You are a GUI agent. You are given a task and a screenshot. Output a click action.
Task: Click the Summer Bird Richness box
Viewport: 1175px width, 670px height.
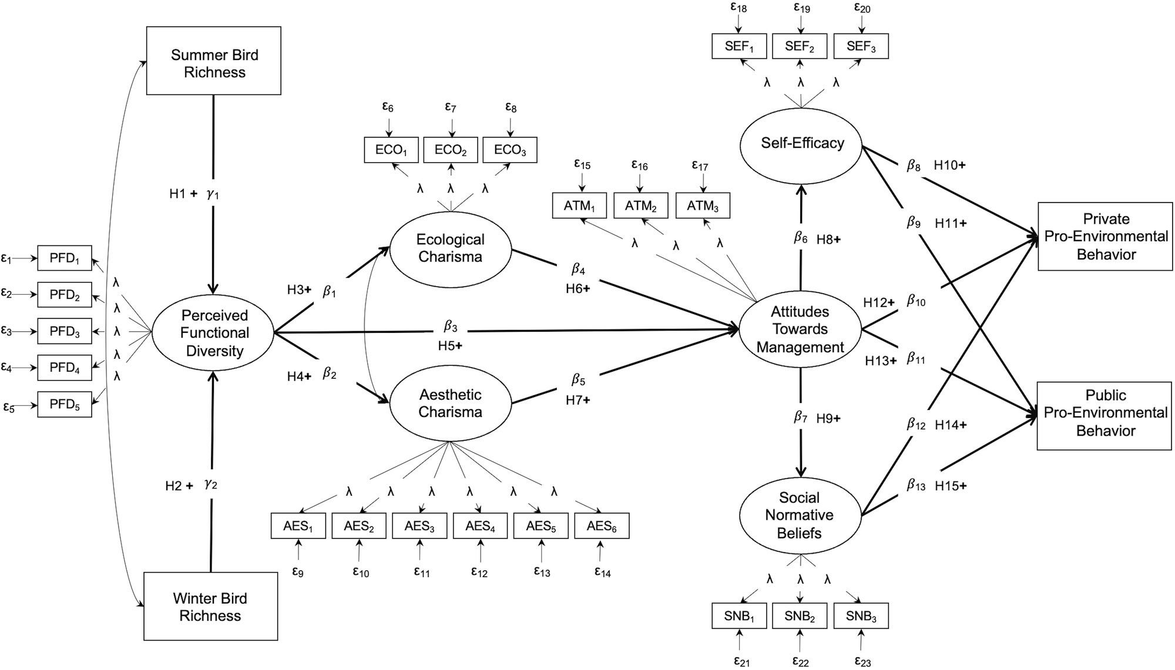coord(213,60)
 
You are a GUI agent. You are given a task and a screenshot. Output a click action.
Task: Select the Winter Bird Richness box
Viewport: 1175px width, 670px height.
coord(210,606)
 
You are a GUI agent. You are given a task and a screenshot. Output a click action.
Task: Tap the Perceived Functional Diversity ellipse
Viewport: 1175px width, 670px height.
coord(213,333)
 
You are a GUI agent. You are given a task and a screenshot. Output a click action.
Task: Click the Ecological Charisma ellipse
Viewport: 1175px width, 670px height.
coord(450,248)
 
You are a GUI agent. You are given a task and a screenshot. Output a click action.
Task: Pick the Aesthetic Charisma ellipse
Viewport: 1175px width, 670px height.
coord(450,403)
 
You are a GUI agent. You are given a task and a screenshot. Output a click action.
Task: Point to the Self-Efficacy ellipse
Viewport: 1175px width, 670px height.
coord(801,143)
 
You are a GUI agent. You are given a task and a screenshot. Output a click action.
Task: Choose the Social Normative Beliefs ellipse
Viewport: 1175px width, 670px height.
coord(799,515)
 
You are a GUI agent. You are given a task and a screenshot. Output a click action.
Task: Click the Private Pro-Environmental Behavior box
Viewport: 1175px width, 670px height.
coord(1105,236)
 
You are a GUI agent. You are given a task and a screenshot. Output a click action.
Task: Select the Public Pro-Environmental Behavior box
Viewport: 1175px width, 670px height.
coord(1104,413)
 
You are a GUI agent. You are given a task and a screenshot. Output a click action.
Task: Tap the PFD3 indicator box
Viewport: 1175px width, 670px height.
coord(65,331)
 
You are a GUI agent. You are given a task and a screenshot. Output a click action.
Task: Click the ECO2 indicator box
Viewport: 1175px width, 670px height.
coord(451,150)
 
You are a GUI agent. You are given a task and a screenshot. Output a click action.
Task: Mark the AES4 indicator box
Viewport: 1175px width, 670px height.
coord(480,526)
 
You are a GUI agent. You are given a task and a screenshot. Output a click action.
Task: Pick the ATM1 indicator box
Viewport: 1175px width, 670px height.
coord(580,206)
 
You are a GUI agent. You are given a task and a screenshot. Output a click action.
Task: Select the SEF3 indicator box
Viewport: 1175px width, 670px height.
coord(861,46)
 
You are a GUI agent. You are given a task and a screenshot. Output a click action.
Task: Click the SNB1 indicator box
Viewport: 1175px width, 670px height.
coord(739,616)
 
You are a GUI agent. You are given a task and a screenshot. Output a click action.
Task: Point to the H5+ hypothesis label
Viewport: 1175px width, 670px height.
coord(450,346)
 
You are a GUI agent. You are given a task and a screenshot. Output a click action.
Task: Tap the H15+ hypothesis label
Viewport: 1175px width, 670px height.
coord(951,486)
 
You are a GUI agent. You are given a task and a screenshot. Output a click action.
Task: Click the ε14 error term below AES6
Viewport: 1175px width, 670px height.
coord(602,571)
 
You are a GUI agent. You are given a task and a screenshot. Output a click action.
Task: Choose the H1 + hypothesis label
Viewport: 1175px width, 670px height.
coord(183,193)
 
